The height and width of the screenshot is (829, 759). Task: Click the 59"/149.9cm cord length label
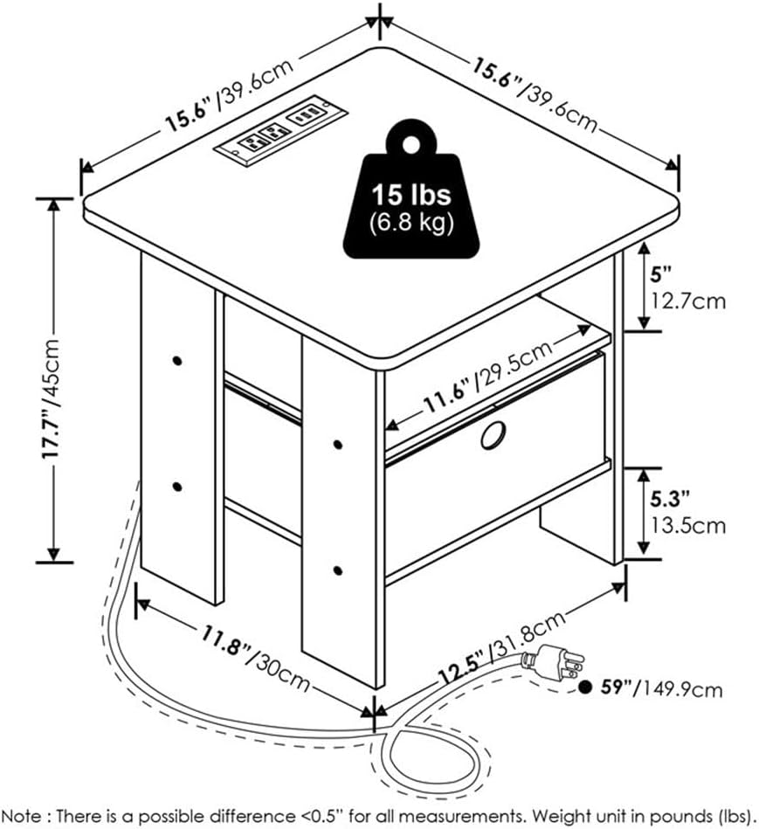point(661,688)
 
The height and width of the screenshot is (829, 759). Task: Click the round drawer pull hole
point(493,435)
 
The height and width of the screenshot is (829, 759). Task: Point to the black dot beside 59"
point(584,687)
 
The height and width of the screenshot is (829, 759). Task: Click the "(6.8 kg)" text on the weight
point(411,223)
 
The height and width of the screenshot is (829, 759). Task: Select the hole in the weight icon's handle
point(411,143)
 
